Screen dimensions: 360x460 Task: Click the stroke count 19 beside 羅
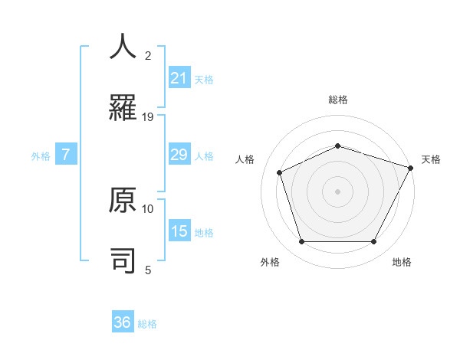coord(148,117)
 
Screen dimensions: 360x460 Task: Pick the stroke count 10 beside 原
coord(148,208)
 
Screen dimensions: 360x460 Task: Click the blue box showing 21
coord(179,78)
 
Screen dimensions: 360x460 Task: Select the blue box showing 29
coord(179,155)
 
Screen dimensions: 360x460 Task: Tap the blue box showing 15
coord(179,231)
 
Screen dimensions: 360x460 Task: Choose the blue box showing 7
coord(66,155)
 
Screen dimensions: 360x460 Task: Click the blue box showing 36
coord(123,322)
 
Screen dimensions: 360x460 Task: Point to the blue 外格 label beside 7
coord(41,156)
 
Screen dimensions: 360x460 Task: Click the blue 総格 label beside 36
coord(147,324)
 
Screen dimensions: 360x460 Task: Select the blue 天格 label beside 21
coord(204,80)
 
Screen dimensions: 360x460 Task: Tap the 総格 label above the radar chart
coord(338,100)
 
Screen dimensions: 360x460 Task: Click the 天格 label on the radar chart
coord(431,159)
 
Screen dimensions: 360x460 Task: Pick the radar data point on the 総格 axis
coord(338,146)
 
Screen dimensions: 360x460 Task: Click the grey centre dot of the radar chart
coord(338,191)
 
